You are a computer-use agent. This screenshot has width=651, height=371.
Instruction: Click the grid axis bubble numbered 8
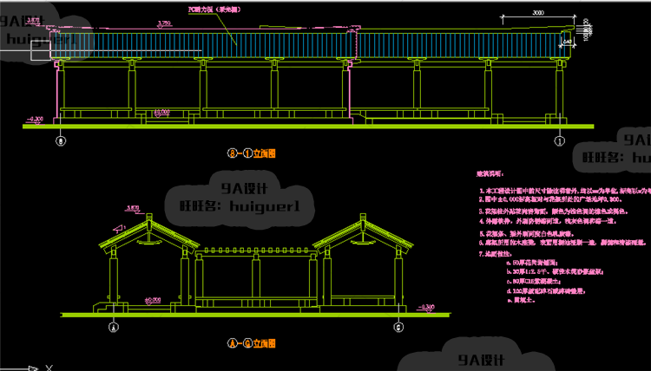[61, 139]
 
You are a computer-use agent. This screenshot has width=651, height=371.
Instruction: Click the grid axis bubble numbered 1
[560, 139]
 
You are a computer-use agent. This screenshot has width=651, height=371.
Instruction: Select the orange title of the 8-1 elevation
[252, 153]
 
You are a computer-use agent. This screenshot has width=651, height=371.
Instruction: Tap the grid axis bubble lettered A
[112, 327]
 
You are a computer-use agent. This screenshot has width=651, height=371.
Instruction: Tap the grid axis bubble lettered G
[398, 327]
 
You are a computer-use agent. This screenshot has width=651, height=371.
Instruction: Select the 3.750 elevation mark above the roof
[162, 23]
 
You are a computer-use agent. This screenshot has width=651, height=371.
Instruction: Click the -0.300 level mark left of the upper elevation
[36, 118]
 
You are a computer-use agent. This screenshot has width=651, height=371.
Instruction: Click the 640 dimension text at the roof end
[568, 40]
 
